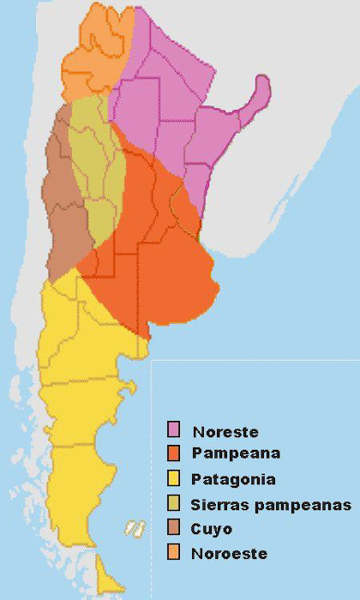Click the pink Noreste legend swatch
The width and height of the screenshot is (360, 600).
tap(173, 429)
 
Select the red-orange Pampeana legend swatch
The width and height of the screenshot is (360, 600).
tap(173, 452)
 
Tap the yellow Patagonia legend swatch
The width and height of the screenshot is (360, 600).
tap(173, 477)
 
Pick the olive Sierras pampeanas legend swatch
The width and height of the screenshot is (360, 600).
tap(173, 503)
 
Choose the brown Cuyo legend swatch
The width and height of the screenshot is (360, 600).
tap(173, 528)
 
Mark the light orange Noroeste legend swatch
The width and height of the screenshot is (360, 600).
tap(173, 553)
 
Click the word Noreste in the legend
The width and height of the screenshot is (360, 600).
tap(225, 431)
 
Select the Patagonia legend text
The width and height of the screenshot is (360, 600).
tap(229, 479)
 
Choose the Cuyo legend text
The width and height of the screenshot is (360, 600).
tap(212, 529)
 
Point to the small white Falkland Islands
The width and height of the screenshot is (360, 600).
tap(134, 528)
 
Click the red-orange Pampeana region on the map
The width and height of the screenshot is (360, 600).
tap(163, 257)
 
